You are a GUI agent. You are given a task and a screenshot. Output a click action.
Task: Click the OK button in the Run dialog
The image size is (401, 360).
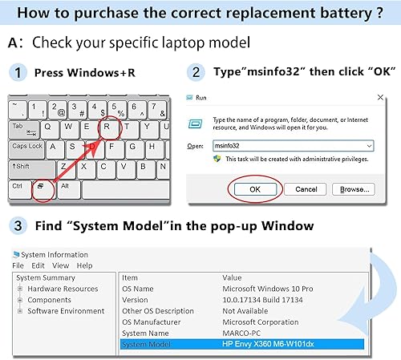(x=253, y=189)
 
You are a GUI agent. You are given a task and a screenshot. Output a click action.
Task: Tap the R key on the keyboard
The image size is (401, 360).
(x=109, y=127)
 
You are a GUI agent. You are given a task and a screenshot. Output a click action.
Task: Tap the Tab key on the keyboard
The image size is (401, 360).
(x=18, y=127)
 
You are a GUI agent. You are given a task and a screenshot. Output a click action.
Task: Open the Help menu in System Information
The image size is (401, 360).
(x=84, y=265)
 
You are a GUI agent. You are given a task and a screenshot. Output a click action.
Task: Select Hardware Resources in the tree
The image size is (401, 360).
(x=63, y=289)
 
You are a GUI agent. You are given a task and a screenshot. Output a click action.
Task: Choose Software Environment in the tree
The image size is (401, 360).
(x=66, y=311)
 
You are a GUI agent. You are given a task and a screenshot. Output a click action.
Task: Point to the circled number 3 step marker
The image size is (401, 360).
(x=17, y=225)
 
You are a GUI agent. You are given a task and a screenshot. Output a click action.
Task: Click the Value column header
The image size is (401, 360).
(x=232, y=277)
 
